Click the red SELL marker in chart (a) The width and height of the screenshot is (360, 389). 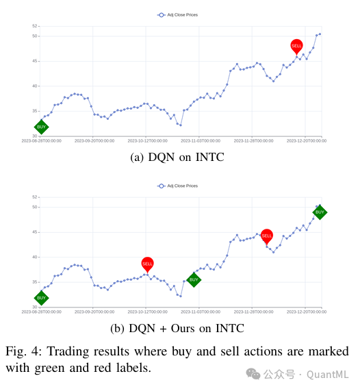[296, 46]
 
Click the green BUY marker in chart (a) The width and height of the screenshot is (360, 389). [41, 127]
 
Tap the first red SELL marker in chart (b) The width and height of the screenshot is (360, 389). [147, 263]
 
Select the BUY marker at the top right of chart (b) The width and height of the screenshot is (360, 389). [320, 212]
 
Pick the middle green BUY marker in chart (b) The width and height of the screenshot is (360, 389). [194, 279]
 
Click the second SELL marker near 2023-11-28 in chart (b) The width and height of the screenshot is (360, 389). [267, 236]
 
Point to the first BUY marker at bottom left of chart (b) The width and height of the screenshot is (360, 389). [41, 298]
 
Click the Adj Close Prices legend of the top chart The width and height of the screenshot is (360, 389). [178, 14]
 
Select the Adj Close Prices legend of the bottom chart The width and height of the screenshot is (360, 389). [178, 186]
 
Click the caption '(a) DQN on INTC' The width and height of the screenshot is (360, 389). [177, 157]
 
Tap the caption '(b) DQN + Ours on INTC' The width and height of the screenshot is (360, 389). [177, 328]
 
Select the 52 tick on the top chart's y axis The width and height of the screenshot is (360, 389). [34, 26]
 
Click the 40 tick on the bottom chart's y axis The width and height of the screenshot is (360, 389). [34, 258]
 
